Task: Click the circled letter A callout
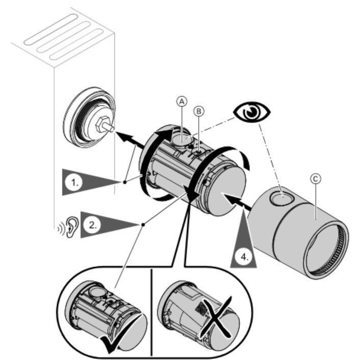click(180, 102)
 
